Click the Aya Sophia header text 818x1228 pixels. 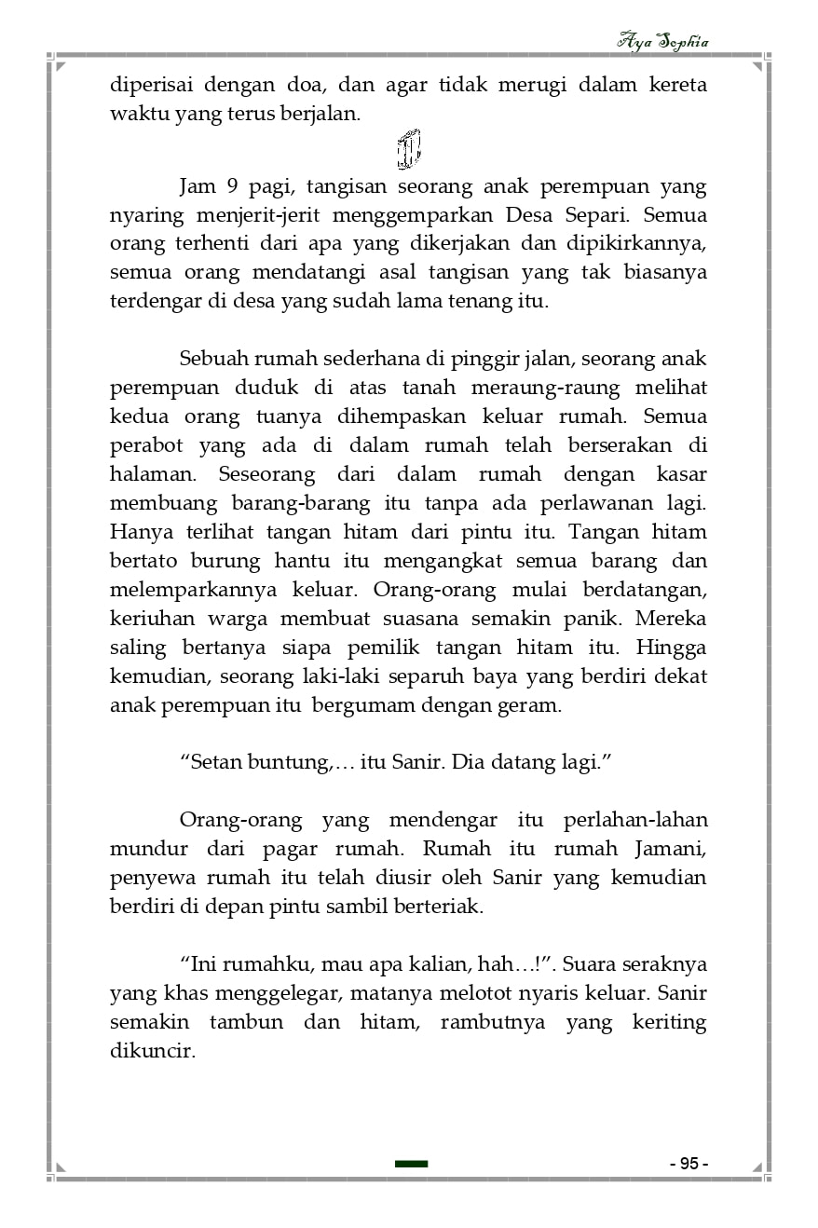(x=663, y=42)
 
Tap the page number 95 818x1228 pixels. (x=688, y=1164)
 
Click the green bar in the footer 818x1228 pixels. (x=411, y=1164)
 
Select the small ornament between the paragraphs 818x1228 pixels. (x=408, y=149)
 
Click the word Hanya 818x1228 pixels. (x=137, y=532)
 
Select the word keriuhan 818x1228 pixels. (x=149, y=619)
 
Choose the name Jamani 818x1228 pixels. (x=672, y=849)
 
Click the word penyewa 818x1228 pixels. (x=148, y=878)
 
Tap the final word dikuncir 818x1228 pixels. (x=152, y=1050)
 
